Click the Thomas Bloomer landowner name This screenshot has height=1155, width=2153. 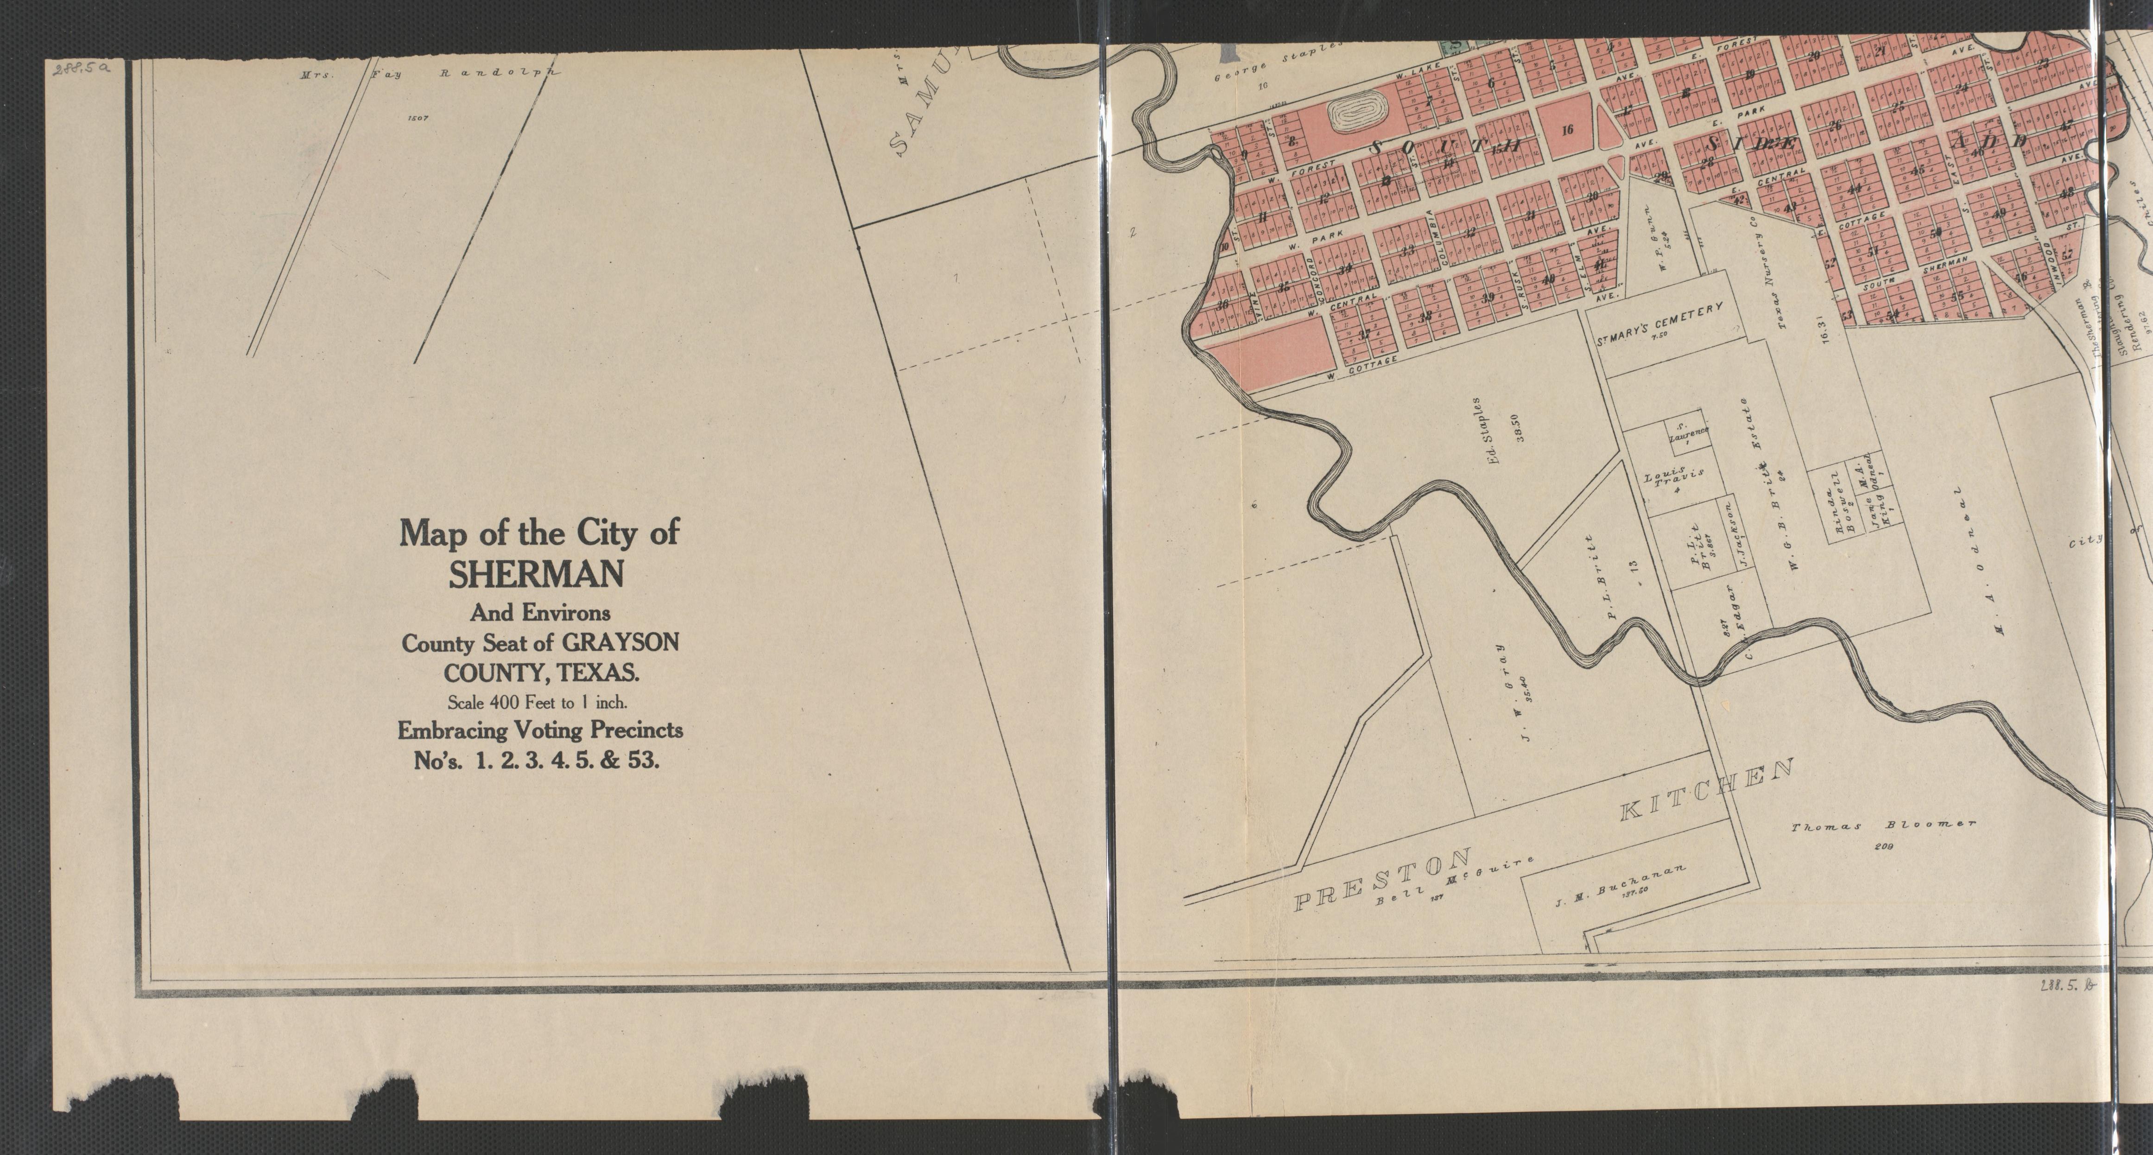[1883, 826]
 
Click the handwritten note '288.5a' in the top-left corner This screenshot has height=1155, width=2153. [82, 70]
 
